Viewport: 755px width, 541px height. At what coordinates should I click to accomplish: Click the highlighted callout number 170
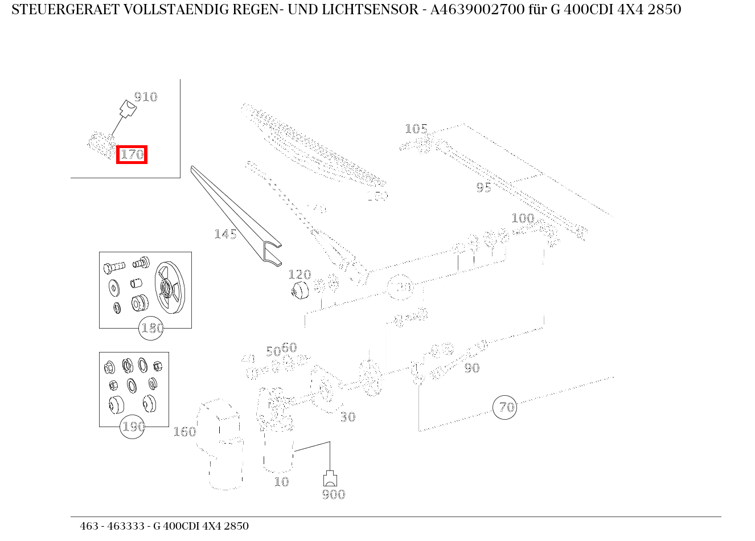[x=132, y=154]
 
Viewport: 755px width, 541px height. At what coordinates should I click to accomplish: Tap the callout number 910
[x=145, y=97]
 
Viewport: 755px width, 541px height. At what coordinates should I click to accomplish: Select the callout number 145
[x=225, y=234]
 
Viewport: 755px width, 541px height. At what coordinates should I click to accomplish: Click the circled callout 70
[x=505, y=407]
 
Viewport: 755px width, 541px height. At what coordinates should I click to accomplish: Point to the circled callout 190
[x=133, y=427]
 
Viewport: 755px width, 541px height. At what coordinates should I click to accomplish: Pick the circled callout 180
[x=151, y=329]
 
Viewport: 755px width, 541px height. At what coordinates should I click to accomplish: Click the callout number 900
[x=333, y=494]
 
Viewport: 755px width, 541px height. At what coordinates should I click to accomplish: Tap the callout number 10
[x=281, y=482]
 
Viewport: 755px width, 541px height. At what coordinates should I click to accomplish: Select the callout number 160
[x=184, y=432]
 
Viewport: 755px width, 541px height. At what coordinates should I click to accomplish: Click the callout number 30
[x=347, y=417]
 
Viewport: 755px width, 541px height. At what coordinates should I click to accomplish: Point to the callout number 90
[x=471, y=368]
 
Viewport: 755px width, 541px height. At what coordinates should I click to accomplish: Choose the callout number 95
[x=483, y=187]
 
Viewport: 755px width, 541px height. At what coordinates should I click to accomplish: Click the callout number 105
[x=416, y=129]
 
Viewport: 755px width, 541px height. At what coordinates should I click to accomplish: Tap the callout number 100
[x=522, y=218]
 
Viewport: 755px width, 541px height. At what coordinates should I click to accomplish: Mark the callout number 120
[x=299, y=275]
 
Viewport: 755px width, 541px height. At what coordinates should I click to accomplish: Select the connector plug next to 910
[x=127, y=109]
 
